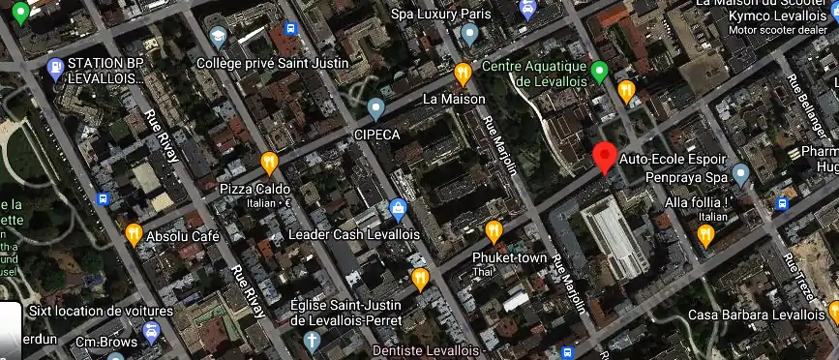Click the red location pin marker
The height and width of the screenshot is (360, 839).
pos(605,157)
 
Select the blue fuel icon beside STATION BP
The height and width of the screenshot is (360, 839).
pos(55,69)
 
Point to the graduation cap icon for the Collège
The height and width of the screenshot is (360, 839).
pos(218,37)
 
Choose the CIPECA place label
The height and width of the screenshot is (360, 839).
pos(376,134)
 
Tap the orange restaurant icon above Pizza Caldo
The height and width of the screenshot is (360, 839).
pos(269,162)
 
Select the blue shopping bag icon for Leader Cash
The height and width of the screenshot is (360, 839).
pos(397,208)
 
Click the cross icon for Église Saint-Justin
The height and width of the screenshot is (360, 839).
pos(311,340)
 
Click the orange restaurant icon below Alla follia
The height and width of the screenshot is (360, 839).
pos(705,235)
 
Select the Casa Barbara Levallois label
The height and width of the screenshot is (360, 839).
pos(756,315)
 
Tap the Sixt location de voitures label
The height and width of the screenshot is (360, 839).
pos(101,312)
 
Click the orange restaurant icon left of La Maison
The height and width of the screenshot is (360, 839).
pos(464,73)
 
